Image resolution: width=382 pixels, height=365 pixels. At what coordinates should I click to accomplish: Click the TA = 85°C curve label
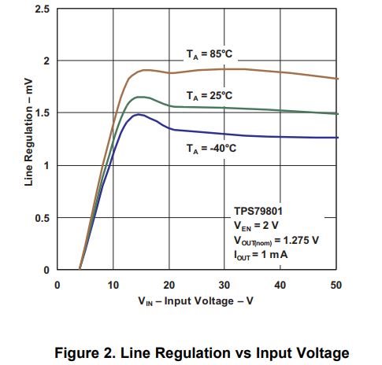210,54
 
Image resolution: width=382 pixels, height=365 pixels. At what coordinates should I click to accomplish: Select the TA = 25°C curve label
210,96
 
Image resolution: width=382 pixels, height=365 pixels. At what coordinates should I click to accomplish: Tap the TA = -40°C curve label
211,149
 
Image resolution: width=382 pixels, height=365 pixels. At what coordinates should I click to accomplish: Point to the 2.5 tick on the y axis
43,9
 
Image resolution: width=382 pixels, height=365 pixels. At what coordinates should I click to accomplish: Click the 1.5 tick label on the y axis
43,112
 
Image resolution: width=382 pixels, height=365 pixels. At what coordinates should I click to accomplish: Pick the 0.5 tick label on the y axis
43,218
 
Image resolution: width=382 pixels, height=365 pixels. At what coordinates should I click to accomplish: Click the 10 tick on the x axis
113,285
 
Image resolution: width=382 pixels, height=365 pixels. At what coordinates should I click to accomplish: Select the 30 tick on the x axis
224,285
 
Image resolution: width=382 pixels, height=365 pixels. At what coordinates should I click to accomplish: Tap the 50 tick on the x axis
336,285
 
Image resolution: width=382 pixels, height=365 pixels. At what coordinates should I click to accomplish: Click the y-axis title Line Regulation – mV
28,132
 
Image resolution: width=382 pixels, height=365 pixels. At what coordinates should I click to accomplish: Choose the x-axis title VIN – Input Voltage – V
195,301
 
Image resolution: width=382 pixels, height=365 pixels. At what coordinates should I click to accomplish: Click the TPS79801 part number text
258,211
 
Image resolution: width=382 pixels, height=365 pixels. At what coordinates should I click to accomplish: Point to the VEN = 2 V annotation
256,226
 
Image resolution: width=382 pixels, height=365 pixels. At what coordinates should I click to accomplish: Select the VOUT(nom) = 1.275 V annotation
276,241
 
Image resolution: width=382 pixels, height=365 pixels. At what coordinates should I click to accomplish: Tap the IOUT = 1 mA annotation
261,255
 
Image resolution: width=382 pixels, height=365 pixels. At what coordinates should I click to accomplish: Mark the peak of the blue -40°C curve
139,114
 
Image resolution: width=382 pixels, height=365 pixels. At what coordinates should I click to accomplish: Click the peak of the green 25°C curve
141,97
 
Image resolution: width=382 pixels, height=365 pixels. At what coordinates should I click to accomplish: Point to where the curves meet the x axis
80,269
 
